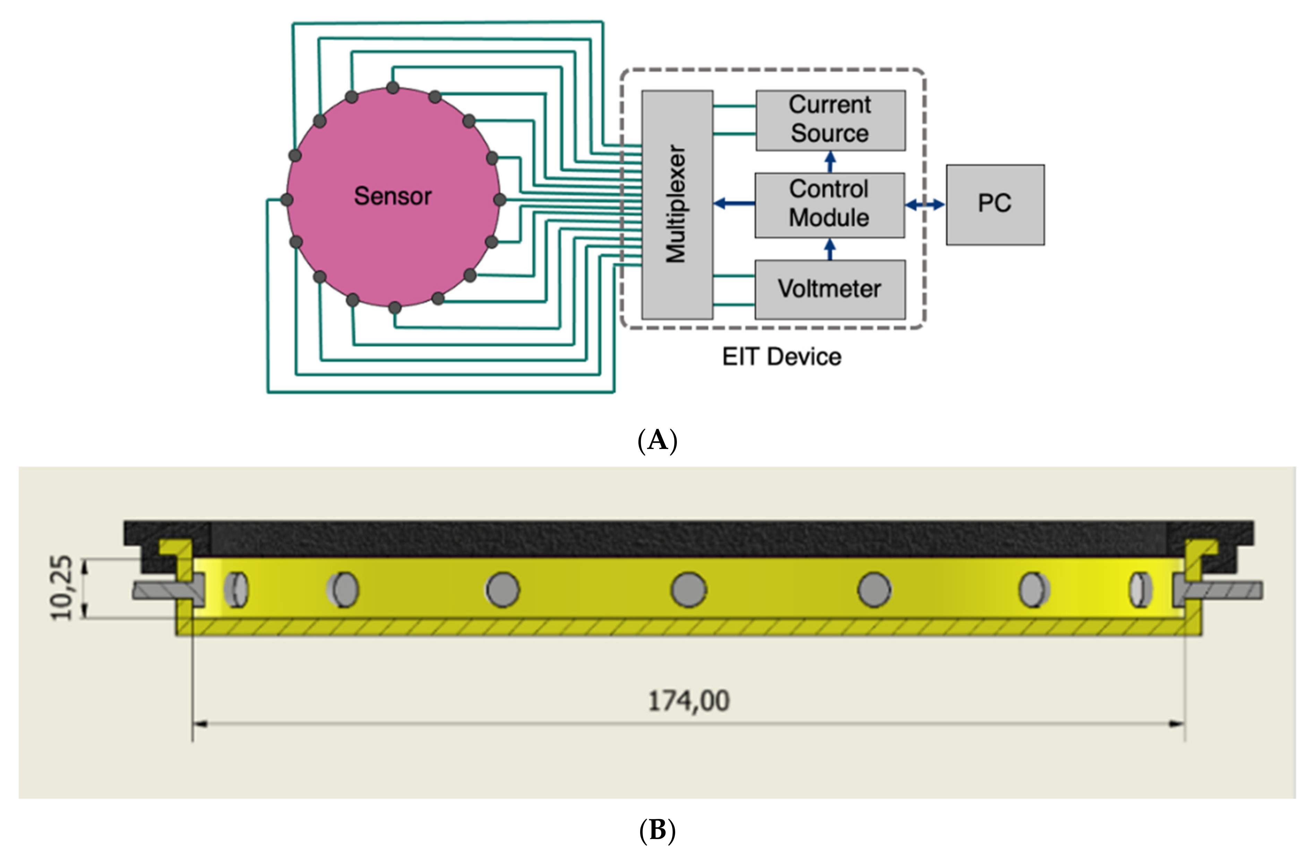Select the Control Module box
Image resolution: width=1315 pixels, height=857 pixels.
(829, 204)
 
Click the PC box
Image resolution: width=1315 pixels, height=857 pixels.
(995, 204)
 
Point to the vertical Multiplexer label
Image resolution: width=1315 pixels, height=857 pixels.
(676, 204)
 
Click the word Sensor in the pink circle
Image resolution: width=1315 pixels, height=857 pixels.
(392, 196)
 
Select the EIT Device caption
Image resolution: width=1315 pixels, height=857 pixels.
(781, 357)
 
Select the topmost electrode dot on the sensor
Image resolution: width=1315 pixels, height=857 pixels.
(392, 87)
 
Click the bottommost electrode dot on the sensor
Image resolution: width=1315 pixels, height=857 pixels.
(395, 308)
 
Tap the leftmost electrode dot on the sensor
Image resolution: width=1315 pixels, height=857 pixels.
(287, 199)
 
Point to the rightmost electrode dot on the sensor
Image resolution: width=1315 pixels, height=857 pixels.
(499, 199)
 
